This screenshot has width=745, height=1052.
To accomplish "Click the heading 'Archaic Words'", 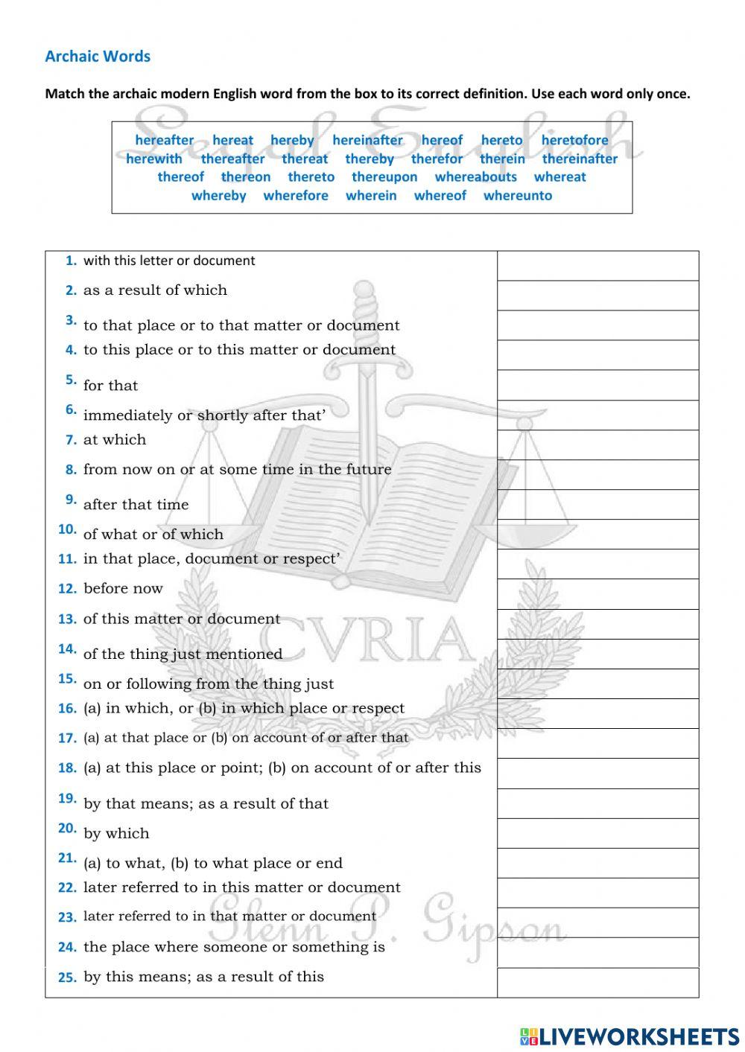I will pos(98,57).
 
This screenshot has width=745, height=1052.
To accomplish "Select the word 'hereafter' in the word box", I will pos(164,140).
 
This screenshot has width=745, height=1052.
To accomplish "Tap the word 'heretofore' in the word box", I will pos(574,140).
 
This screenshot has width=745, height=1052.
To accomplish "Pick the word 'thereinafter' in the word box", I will pos(580,159).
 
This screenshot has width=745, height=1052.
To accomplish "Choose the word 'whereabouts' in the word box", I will pos(475,177).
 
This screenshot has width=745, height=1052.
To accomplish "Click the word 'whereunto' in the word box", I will pos(518,196).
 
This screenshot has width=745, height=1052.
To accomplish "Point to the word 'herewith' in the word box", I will pos(153,159).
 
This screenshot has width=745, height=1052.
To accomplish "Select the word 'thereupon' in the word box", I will pos(384,177).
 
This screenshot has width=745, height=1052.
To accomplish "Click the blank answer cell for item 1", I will pos(597,266).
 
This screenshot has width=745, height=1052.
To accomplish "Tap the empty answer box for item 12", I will pos(597,594).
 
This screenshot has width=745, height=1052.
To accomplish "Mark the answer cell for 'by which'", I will pos(597,833).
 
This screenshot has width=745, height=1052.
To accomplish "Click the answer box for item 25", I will pos(597,982).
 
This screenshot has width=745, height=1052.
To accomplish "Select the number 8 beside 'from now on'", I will pos(71,470).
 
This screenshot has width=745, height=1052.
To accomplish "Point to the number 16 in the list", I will pos(67,709).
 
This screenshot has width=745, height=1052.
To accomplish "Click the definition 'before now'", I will pos(123,589).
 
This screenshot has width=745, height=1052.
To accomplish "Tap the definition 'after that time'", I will pos(136,505).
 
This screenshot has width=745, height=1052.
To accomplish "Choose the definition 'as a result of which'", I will pos(155,290).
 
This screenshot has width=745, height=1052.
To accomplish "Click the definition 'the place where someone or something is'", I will pos(234,947).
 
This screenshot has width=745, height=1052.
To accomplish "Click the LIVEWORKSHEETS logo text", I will pos(638,1036).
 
